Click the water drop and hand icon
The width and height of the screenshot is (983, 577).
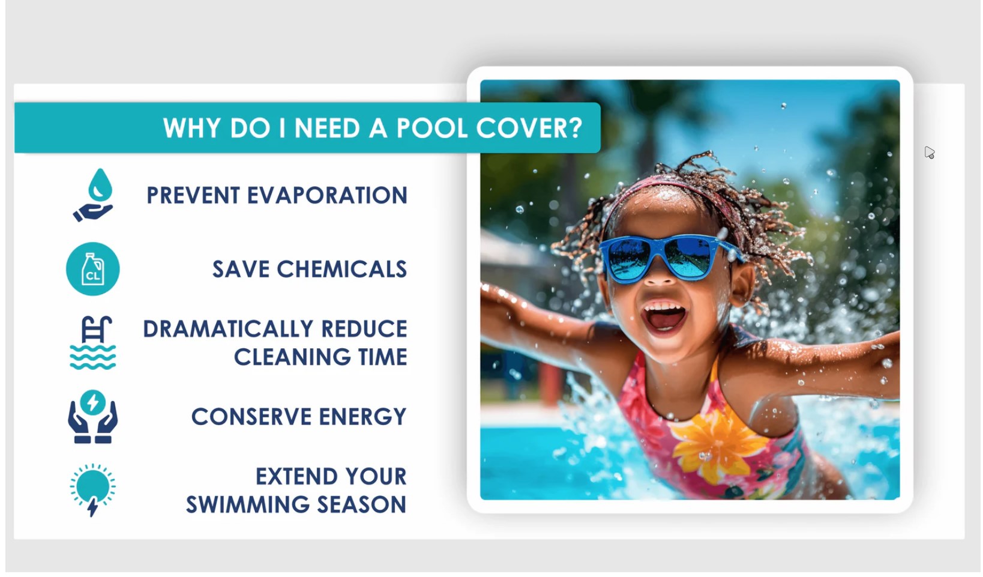click(94, 195)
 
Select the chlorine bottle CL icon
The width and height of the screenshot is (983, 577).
click(93, 269)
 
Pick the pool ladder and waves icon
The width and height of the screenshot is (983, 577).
click(92, 343)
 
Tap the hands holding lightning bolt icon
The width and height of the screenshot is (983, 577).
click(92, 417)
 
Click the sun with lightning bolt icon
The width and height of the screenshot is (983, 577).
click(92, 489)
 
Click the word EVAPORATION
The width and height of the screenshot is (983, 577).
click(327, 196)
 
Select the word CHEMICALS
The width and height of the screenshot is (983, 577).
click(341, 270)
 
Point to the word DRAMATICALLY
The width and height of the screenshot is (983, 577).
click(228, 329)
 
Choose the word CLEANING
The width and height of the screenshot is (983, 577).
click(292, 357)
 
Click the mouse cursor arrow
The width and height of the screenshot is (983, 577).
click(929, 153)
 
